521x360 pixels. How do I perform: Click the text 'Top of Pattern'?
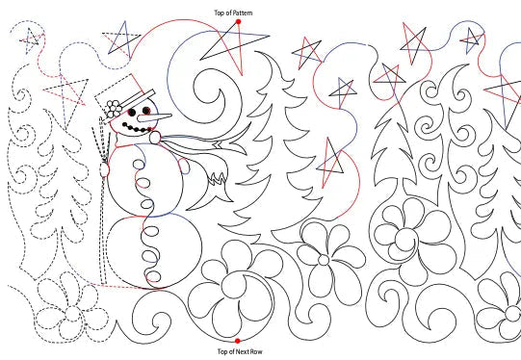click(236, 12)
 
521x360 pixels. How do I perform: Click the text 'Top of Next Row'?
click(237, 352)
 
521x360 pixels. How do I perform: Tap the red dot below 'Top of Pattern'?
click(237, 21)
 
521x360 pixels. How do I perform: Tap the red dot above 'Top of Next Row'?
click(237, 340)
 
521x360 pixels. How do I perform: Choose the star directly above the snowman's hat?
click(120, 39)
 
